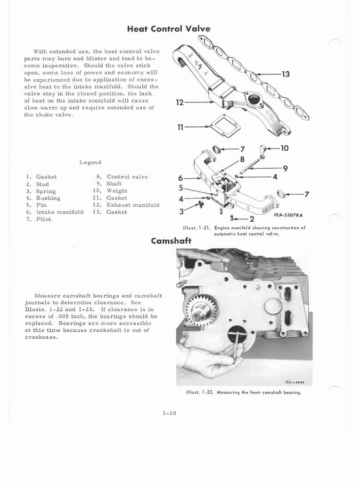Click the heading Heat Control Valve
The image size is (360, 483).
coord(169,29)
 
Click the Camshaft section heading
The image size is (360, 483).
coord(171,241)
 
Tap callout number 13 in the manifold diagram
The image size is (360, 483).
coord(285,74)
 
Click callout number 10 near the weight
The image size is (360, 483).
coord(284,149)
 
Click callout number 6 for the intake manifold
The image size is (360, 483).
coord(180,178)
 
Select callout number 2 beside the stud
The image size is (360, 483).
coord(252,219)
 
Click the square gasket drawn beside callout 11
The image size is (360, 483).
coord(224,126)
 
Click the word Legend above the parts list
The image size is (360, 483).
coord(90,162)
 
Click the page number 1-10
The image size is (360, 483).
coord(169,413)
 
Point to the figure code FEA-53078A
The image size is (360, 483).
coord(288,215)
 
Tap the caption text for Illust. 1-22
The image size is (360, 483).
coord(243,392)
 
